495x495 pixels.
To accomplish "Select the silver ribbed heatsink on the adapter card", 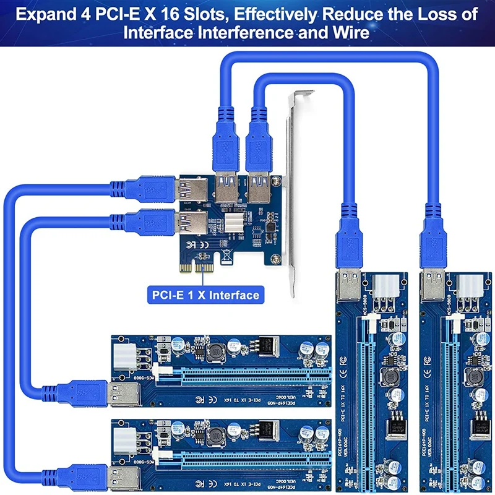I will pyautogui.click(x=235, y=226).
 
